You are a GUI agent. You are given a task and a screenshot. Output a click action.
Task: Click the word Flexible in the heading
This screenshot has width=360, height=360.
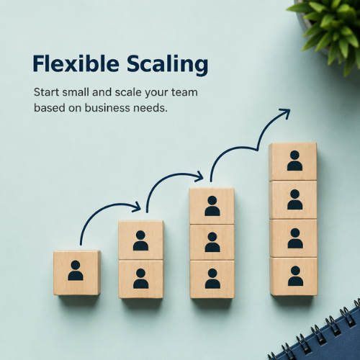pos(76,63)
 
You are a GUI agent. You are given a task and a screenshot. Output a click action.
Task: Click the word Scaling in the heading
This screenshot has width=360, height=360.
pos(168,65)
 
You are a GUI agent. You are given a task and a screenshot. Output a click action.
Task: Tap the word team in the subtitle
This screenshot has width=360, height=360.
pos(184,92)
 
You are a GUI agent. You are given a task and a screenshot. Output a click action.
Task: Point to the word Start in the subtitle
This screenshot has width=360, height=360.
pos(46,92)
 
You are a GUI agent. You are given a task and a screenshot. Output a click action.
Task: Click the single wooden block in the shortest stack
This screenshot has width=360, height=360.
pos(77,273)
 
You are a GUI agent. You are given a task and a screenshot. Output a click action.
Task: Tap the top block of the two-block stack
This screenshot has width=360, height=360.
pos(141,240)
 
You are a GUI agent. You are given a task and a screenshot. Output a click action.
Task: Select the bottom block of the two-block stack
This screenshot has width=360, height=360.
pos(141,279)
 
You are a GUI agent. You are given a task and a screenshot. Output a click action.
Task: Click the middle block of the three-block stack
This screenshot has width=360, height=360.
pos(212,242)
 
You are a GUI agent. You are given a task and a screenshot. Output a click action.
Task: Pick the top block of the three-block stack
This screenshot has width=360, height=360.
pos(212,206)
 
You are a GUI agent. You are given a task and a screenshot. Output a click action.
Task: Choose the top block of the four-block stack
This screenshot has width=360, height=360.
pos(293,161)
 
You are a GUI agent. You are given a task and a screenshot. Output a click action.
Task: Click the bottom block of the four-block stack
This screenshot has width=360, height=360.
pos(294,276)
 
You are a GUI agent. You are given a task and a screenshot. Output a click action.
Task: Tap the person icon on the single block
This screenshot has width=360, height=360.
pos(76,271)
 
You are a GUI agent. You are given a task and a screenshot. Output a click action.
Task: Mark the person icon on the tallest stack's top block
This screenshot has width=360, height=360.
pos(294,161)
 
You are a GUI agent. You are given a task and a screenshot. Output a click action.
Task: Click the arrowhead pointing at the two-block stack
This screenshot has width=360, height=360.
pos(136,207)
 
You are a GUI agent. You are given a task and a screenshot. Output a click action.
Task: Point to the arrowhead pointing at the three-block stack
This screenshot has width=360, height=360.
pos(199,176)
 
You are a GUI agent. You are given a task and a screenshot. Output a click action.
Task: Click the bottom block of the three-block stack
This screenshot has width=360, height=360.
pos(212,279)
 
